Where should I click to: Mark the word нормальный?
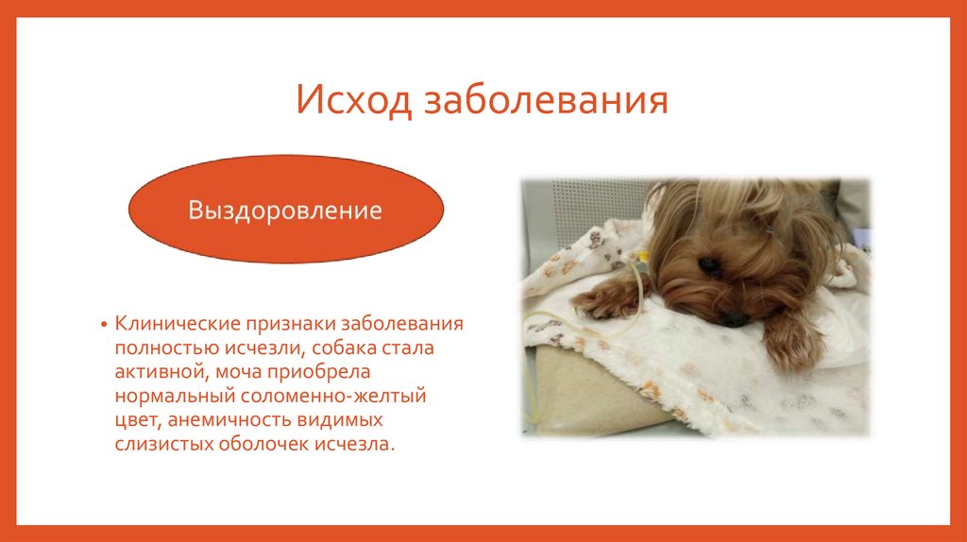coord(175,397)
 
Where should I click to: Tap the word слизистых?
coord(158,444)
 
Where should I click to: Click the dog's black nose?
coord(730,318)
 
